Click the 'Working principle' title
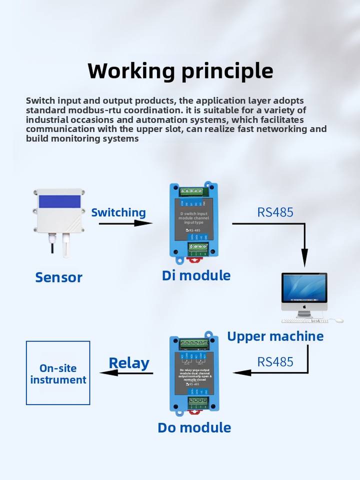click(x=180, y=71)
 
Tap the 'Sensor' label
click(x=58, y=277)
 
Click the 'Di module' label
click(x=196, y=275)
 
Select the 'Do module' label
click(x=194, y=427)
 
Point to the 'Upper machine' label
click(x=275, y=336)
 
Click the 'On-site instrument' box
click(x=58, y=373)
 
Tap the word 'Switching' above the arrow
click(x=118, y=212)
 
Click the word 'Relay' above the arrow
click(x=129, y=363)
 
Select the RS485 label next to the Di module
click(x=275, y=211)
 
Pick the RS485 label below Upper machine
click(x=275, y=361)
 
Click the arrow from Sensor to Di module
click(x=125, y=223)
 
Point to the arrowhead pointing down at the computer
click(x=304, y=260)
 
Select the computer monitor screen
click(x=304, y=288)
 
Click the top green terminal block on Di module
click(x=193, y=190)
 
